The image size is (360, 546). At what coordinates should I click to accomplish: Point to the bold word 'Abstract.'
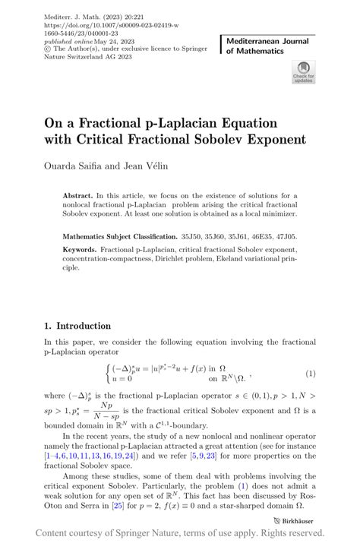79,196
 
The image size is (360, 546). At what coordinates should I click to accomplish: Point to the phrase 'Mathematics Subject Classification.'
118,236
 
